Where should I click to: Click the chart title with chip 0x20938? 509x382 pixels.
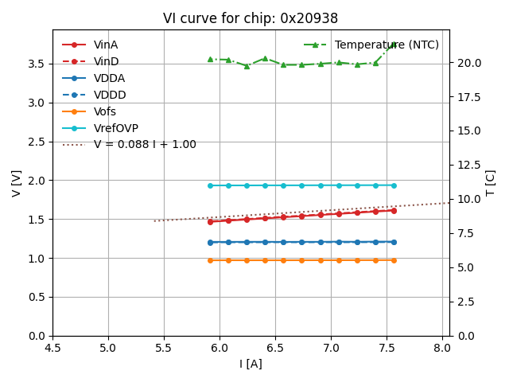tap(251, 18)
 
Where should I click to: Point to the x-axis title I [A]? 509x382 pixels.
tap(251, 364)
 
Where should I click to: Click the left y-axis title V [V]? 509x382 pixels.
tap(17, 183)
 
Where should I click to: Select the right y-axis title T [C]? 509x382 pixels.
tap(491, 183)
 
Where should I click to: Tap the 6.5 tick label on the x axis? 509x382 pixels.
tap(275, 348)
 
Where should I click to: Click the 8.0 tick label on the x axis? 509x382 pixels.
tap(442, 348)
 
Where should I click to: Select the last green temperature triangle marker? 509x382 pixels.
tap(394, 45)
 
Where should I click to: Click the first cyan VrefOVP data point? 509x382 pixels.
tap(210, 185)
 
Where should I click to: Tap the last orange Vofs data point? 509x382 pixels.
tap(394, 260)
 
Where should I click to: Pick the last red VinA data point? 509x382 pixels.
tap(394, 210)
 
